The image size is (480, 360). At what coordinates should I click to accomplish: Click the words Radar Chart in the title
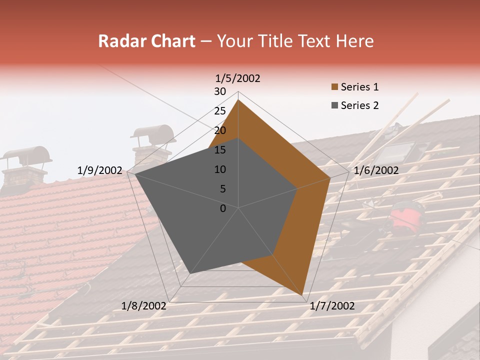pyautogui.click(x=146, y=41)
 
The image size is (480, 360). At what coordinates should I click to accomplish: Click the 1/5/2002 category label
pyautogui.click(x=238, y=78)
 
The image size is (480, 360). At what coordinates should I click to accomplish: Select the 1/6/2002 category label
pyautogui.click(x=376, y=170)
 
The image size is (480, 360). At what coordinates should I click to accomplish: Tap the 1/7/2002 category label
pyautogui.click(x=332, y=306)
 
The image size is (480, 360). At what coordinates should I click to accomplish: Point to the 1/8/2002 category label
pyautogui.click(x=144, y=305)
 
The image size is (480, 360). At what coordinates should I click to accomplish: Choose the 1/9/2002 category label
pyautogui.click(x=99, y=170)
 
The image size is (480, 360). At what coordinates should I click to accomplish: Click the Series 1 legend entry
pyautogui.click(x=359, y=87)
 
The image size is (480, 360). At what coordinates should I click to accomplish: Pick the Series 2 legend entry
pyautogui.click(x=359, y=105)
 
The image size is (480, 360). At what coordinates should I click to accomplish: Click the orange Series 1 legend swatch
pyautogui.click(x=334, y=87)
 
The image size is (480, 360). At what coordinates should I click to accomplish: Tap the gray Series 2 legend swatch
pyautogui.click(x=334, y=105)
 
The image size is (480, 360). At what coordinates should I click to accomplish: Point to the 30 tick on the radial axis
pyautogui.click(x=220, y=91)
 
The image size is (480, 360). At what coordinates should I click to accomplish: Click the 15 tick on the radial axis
pyautogui.click(x=220, y=150)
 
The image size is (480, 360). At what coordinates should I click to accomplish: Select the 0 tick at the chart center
pyautogui.click(x=223, y=208)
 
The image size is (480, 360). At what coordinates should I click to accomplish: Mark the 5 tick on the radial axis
pyautogui.click(x=223, y=189)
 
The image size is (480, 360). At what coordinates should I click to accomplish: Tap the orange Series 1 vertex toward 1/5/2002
pyautogui.click(x=238, y=100)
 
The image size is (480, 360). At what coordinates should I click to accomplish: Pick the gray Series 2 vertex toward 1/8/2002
pyautogui.click(x=190, y=273)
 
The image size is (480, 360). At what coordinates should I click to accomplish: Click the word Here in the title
pyautogui.click(x=355, y=41)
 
